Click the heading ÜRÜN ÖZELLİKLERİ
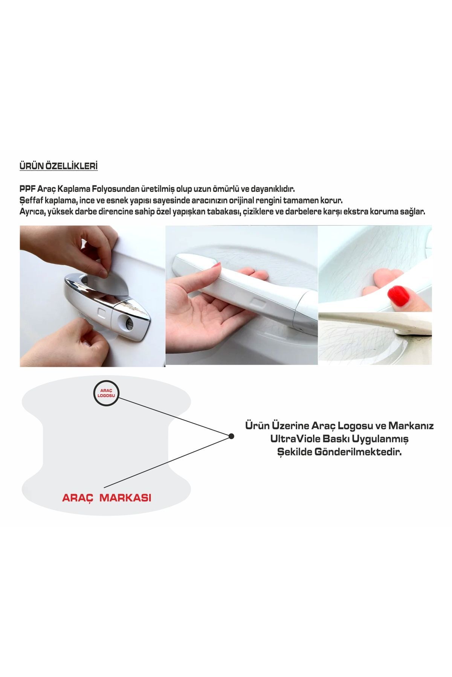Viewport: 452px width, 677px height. coord(58,166)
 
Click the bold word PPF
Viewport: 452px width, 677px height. coord(27,189)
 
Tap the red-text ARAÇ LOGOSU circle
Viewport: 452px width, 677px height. coord(106,393)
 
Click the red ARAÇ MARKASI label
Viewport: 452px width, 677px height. coord(107,498)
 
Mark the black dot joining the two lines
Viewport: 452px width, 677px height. coord(231,436)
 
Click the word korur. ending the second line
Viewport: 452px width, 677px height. coord(331,200)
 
